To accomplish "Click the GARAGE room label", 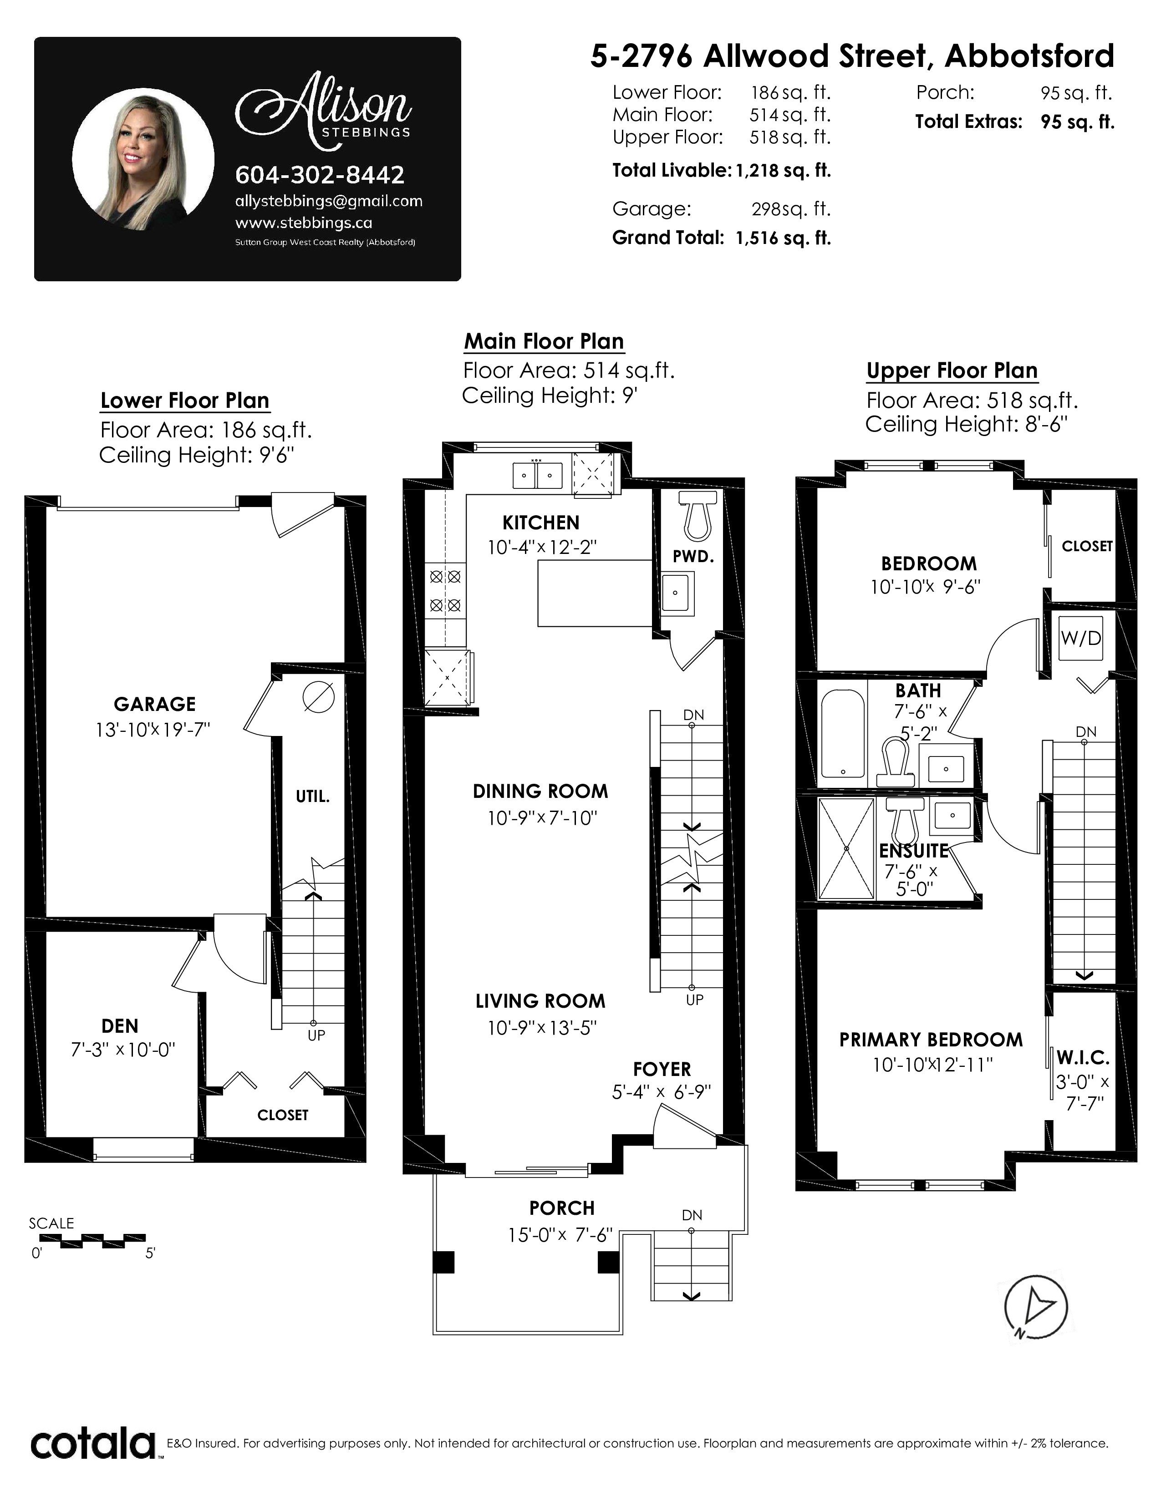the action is point(155,704).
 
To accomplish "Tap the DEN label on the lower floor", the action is point(120,1026).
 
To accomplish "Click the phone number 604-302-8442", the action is point(320,175).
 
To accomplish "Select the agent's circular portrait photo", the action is point(143,159).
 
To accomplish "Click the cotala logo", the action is point(93,1444).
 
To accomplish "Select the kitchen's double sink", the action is point(537,475).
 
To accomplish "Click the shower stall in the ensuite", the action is point(847,848).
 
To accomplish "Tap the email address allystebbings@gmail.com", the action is point(329,201).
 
